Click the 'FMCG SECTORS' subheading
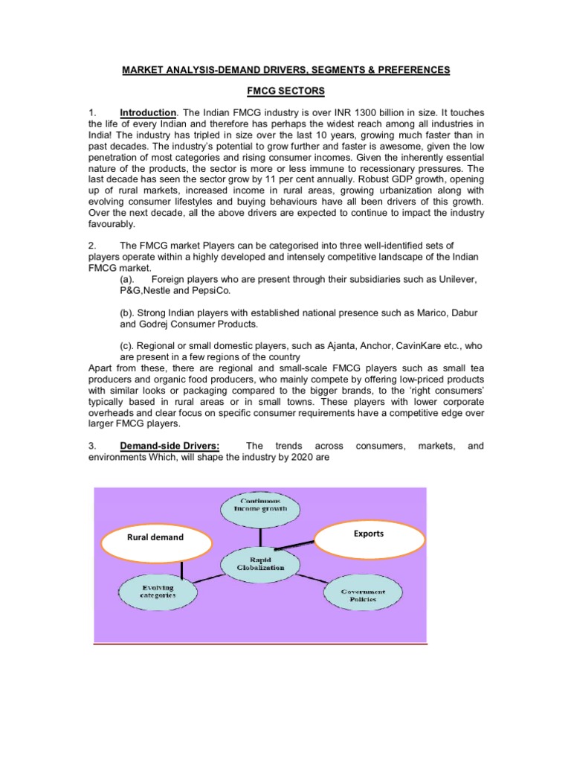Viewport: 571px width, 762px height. (286, 91)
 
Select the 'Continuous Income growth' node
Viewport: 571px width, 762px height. (260, 508)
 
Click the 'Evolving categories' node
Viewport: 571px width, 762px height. (157, 592)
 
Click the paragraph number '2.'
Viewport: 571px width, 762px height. (91, 245)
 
